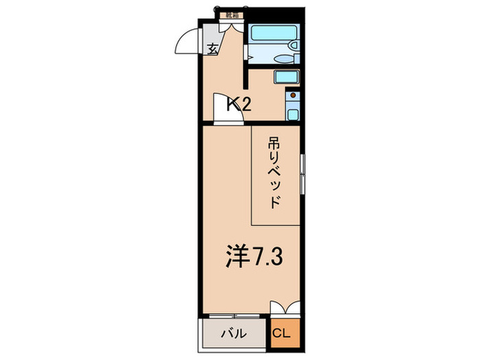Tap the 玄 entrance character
pos(213,49)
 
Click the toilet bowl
pos(293,45)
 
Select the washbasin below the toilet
pos(282,59)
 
